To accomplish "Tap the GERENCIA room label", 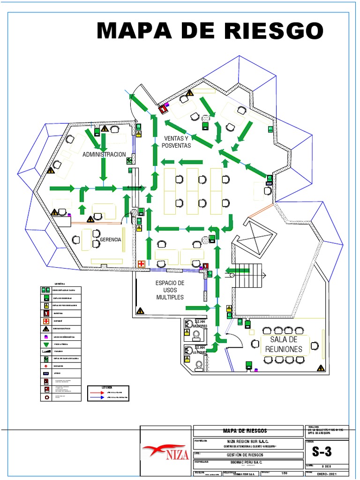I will tap(111, 240).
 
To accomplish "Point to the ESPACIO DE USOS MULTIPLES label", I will tap(170, 290).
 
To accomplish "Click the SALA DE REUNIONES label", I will tap(284, 344).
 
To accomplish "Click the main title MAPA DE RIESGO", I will tap(210, 30).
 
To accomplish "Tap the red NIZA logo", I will tap(166, 453).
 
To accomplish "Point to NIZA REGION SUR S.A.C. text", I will tap(247, 441).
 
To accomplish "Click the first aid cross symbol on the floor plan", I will tap(141, 264).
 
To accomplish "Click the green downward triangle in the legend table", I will tap(46, 344).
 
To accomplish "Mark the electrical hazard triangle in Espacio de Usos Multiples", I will tap(140, 310).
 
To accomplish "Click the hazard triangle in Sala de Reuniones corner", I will tap(320, 368).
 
